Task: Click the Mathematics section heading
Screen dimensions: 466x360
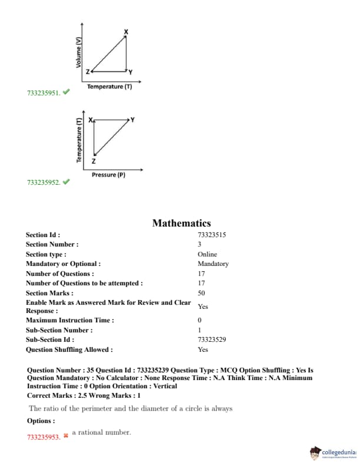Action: [181, 223]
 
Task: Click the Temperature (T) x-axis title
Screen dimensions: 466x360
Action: [109, 86]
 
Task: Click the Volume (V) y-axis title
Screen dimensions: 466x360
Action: [78, 52]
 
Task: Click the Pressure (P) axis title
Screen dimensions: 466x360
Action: [108, 175]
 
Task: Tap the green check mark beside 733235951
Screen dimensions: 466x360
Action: [66, 92]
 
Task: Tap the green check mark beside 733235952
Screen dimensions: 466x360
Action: [66, 181]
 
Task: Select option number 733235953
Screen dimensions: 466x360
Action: [44, 438]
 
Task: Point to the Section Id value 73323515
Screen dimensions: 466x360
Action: [212, 234]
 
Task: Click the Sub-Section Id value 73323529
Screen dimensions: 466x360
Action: [212, 339]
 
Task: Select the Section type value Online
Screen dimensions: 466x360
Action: [207, 254]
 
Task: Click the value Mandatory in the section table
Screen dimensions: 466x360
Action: [213, 264]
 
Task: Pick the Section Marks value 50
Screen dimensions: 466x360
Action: [201, 292]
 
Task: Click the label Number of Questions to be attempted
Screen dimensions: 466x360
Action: [84, 283]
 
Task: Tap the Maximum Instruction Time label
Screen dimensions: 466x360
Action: [70, 320]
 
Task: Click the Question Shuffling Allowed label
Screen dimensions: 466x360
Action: [69, 349]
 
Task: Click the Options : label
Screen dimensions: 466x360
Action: [41, 421]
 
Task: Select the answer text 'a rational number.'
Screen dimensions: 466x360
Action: [101, 432]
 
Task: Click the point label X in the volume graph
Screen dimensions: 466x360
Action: [125, 31]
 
